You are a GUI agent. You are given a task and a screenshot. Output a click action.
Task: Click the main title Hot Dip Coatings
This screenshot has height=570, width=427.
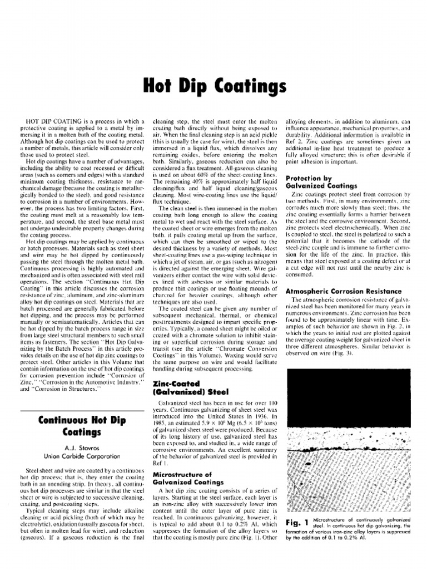[x=214, y=87]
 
